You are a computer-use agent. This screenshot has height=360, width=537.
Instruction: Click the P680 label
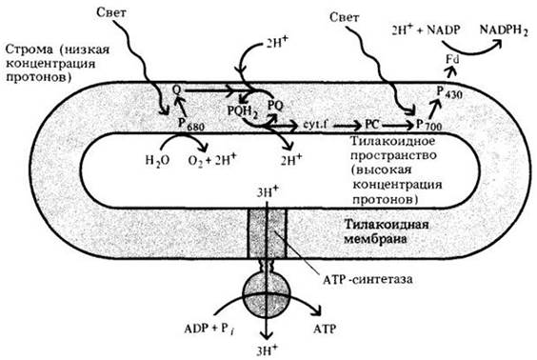(x=190, y=125)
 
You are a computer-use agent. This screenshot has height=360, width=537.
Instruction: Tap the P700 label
(x=428, y=125)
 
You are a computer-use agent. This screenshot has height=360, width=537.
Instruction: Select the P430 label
(x=449, y=91)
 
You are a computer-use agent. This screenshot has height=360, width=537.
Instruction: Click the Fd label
(x=452, y=59)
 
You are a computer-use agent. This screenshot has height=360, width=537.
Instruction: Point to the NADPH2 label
(x=504, y=30)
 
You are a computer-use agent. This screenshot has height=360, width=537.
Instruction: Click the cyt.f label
(x=315, y=125)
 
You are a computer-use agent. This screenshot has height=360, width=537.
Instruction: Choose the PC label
(x=372, y=125)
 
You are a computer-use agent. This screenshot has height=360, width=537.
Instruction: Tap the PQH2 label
(x=243, y=111)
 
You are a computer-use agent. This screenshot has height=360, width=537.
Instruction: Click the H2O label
(x=157, y=160)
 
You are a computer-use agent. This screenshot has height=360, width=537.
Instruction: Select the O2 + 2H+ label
(x=212, y=160)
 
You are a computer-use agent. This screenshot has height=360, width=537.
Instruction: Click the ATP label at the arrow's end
(x=325, y=329)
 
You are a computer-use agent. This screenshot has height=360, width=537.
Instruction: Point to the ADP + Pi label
(x=209, y=330)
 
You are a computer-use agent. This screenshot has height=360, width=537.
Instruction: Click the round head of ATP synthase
(x=266, y=295)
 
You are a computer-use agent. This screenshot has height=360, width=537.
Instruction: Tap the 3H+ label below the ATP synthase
(x=268, y=350)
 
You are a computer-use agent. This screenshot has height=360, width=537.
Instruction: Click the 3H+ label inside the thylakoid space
(x=268, y=192)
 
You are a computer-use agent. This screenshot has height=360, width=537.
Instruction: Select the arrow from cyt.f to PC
(x=348, y=126)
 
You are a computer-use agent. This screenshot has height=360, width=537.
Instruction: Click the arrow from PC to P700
(x=397, y=126)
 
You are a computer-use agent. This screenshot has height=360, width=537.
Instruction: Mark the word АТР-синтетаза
(x=368, y=279)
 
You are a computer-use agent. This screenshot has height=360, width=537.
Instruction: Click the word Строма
(x=30, y=50)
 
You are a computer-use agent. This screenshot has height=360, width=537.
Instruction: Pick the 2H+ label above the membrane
(x=277, y=44)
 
